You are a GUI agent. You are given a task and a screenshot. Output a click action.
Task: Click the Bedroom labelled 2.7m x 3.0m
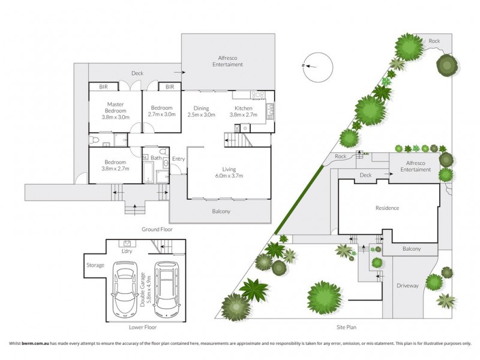(161, 111)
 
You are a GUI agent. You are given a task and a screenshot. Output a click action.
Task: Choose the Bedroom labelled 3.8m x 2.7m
(115, 166)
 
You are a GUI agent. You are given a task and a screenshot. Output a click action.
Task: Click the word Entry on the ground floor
(178, 159)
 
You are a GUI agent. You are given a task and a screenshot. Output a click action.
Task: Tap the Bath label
(156, 158)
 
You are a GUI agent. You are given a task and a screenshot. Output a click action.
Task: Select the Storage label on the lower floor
(95, 265)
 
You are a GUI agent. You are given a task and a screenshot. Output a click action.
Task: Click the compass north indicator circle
(317, 67)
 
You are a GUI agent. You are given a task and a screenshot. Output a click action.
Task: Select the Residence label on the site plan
(387, 208)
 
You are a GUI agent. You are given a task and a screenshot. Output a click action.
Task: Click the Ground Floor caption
(157, 229)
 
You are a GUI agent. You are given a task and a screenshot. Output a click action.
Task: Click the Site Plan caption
(346, 328)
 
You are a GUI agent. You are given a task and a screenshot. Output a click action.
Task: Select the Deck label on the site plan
(366, 176)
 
